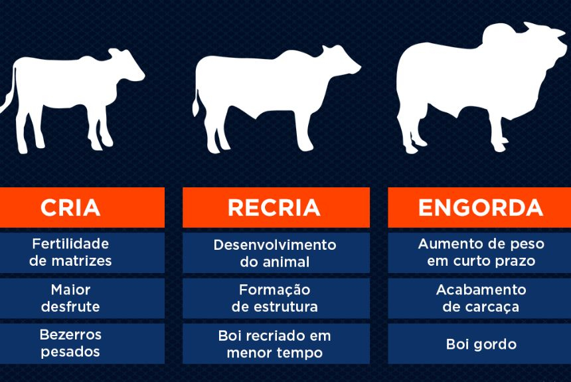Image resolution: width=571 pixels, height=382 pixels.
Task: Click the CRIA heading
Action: coord(70,208)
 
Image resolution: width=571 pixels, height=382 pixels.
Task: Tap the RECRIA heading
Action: coord(274,208)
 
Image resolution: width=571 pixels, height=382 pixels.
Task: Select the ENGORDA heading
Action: coord(481,208)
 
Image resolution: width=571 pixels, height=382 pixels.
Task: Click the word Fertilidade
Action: coord(70,244)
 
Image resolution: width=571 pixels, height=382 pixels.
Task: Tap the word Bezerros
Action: coord(70,335)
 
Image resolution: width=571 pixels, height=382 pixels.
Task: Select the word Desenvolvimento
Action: coord(275,245)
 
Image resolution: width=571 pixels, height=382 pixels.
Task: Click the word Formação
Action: coord(275,290)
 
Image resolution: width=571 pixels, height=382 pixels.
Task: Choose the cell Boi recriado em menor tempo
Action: coord(276,343)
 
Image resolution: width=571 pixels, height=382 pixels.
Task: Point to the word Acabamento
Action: coord(481,290)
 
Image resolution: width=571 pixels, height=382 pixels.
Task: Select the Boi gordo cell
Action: coord(479,343)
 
